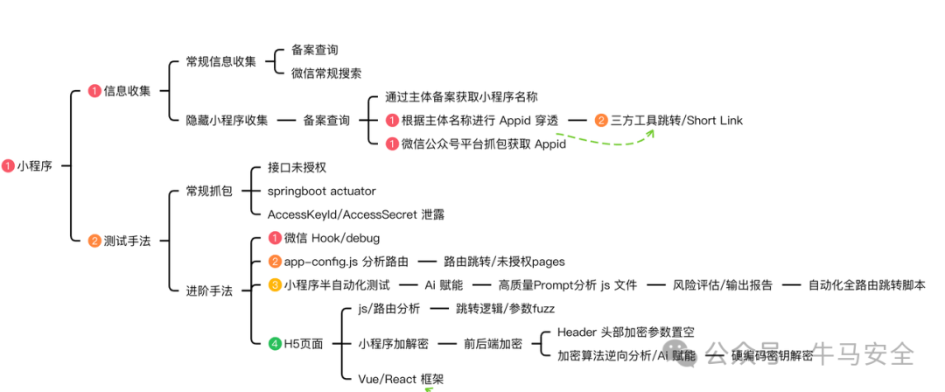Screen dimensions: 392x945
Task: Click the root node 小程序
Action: [34, 165]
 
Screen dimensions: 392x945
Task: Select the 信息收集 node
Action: [127, 91]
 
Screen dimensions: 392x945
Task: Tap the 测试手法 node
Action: [127, 241]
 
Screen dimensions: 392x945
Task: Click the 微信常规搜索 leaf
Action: [326, 73]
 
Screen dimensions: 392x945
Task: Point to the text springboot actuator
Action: [321, 191]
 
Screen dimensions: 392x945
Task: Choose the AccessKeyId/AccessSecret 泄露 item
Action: [350, 214]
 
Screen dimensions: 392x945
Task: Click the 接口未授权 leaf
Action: [297, 167]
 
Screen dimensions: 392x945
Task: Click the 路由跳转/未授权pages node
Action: [504, 261]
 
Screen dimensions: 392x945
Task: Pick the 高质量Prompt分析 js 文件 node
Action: [568, 284]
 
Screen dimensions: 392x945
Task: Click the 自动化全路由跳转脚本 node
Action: [866, 284]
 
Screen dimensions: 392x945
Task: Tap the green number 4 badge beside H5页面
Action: [275, 344]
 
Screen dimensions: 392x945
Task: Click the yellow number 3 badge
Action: [275, 284]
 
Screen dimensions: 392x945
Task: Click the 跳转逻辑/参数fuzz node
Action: [505, 309]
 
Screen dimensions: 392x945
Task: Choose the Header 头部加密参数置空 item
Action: [626, 332]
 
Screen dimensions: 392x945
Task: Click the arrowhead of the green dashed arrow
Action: [652, 134]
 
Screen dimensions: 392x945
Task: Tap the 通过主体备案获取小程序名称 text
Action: [461, 97]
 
